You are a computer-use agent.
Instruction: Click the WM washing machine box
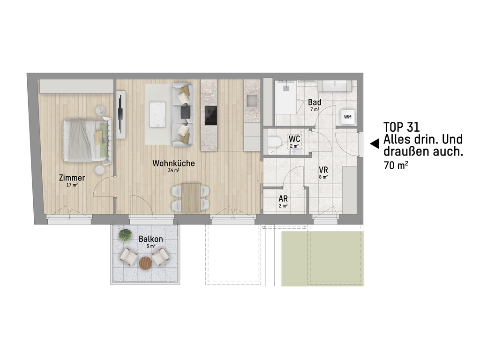pyautogui.click(x=348, y=117)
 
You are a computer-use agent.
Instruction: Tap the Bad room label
pyautogui.click(x=315, y=102)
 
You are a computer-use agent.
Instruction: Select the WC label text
pyautogui.click(x=294, y=139)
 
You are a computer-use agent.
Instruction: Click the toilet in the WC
pyautogui.click(x=275, y=142)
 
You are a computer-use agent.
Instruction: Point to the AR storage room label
pyautogui.click(x=283, y=199)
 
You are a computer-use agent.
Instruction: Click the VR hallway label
pyautogui.click(x=323, y=170)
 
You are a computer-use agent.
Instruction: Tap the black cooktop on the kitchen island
pyautogui.click(x=210, y=115)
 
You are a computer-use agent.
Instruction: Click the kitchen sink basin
pyautogui.click(x=253, y=101)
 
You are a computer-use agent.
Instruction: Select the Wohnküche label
pyautogui.click(x=173, y=163)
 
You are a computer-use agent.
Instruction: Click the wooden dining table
pyautogui.click(x=191, y=197)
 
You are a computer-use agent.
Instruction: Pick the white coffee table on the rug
pyautogui.click(x=157, y=114)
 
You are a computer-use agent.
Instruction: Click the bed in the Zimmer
pyautogui.click(x=88, y=140)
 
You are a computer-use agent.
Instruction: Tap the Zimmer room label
pyautogui.click(x=72, y=178)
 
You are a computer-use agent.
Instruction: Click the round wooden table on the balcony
pyautogui.click(x=145, y=263)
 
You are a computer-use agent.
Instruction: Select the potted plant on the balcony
pyautogui.click(x=125, y=235)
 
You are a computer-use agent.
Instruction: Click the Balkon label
pyautogui.click(x=150, y=239)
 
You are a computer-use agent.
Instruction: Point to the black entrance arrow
pyautogui.click(x=375, y=144)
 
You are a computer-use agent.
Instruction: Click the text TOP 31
pyautogui.click(x=401, y=127)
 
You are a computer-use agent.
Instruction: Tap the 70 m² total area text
pyautogui.click(x=396, y=165)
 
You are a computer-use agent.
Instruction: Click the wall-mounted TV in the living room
pyautogui.click(x=121, y=115)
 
